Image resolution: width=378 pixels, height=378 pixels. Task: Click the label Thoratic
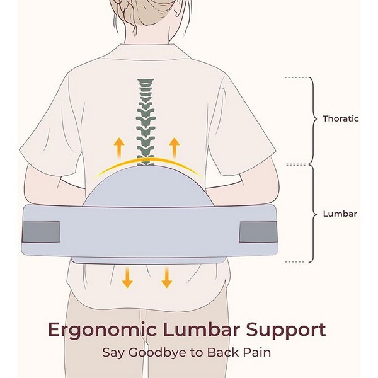[x=341, y=118]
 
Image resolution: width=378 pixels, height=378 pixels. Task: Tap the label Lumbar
[x=340, y=214]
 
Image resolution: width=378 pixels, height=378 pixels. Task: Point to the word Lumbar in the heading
[x=202, y=329]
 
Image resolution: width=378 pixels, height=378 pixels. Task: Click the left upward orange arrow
[x=119, y=148]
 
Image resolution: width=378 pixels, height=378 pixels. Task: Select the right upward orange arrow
[x=175, y=148]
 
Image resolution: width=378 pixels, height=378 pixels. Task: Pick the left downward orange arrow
[x=127, y=277]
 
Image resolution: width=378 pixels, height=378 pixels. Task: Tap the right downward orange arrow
[x=166, y=277]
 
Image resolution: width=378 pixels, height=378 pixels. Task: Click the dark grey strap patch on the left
[x=41, y=232]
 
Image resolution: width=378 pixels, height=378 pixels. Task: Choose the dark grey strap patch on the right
[x=258, y=232]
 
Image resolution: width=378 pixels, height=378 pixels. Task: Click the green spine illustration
[x=146, y=122]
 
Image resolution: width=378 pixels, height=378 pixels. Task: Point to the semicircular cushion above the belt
[x=148, y=186]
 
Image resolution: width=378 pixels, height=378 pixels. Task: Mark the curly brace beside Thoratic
[x=312, y=120]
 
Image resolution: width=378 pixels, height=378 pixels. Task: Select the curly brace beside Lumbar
[x=312, y=214]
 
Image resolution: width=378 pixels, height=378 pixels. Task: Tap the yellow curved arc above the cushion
[x=147, y=166]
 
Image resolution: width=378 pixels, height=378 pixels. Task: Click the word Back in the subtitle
[x=223, y=352]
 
